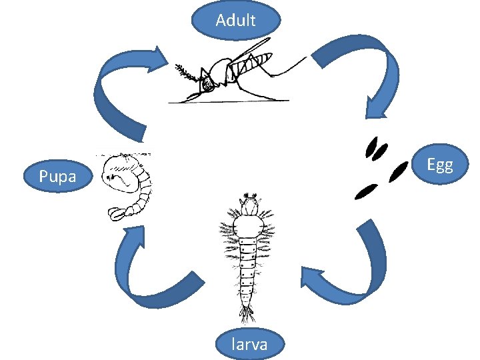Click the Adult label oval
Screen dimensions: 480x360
click(x=236, y=20)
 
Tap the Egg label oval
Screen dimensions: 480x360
click(x=440, y=164)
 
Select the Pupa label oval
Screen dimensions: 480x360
click(x=57, y=177)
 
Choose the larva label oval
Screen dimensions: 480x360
click(x=250, y=343)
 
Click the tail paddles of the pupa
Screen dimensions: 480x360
click(x=120, y=213)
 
